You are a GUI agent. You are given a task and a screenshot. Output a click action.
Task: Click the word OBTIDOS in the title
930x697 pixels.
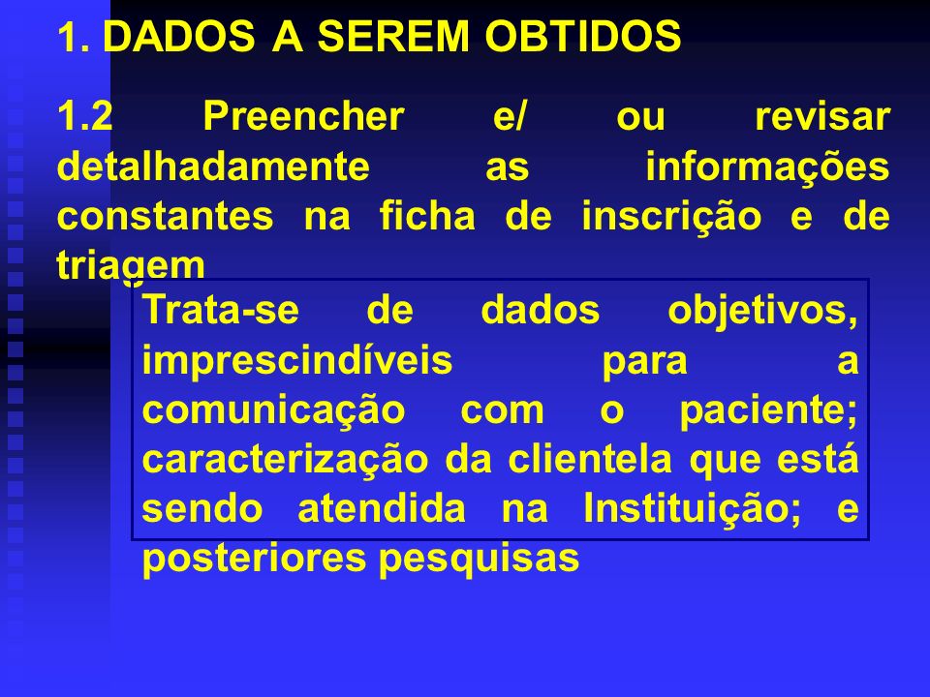click(583, 36)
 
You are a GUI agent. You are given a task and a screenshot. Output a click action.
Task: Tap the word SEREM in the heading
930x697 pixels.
click(392, 36)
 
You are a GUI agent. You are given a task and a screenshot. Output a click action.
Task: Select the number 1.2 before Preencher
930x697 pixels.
click(85, 115)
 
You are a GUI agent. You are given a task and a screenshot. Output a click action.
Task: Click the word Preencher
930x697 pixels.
click(303, 115)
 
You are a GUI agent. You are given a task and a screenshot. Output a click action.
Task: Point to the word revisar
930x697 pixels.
click(822, 115)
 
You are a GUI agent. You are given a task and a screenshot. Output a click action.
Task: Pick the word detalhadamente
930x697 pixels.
click(213, 166)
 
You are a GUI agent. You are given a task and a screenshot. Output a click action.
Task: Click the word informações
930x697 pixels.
click(767, 166)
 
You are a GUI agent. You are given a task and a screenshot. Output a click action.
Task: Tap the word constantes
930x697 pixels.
click(166, 216)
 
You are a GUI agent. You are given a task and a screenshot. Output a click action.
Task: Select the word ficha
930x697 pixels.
click(427, 215)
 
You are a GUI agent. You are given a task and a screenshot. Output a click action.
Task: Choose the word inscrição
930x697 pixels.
click(671, 217)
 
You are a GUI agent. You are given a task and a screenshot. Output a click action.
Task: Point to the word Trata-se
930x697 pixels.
click(221, 310)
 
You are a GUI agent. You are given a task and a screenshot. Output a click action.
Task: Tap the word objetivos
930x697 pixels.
click(762, 311)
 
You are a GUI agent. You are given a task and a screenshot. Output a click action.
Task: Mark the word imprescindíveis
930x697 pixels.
click(297, 361)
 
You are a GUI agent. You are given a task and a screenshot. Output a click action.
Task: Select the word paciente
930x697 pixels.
click(768, 411)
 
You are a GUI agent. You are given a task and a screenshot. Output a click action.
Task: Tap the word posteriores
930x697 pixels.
click(254, 560)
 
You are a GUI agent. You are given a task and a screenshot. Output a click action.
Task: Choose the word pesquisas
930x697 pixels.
click(479, 560)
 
